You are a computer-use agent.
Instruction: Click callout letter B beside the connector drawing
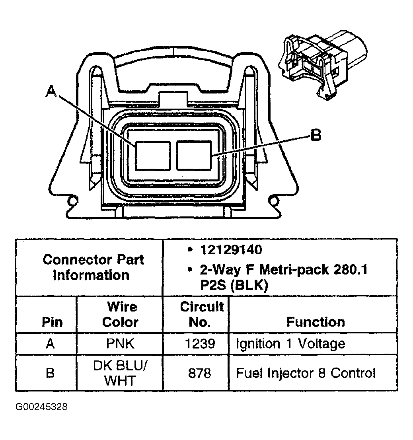315,135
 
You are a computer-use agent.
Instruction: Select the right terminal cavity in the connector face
194,155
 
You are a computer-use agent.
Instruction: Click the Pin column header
52,321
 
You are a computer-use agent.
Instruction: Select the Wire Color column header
120,314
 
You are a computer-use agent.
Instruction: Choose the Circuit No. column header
202,314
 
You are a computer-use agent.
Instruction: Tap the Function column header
316,321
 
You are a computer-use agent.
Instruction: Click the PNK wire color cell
120,343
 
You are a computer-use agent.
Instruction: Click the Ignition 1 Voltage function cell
290,343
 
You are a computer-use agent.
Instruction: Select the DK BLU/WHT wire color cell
120,373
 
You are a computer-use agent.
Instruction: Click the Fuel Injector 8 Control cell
305,373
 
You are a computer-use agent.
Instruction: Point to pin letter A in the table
50,343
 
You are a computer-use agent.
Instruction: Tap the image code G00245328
41,407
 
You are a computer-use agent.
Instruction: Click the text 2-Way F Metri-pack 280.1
283,270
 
